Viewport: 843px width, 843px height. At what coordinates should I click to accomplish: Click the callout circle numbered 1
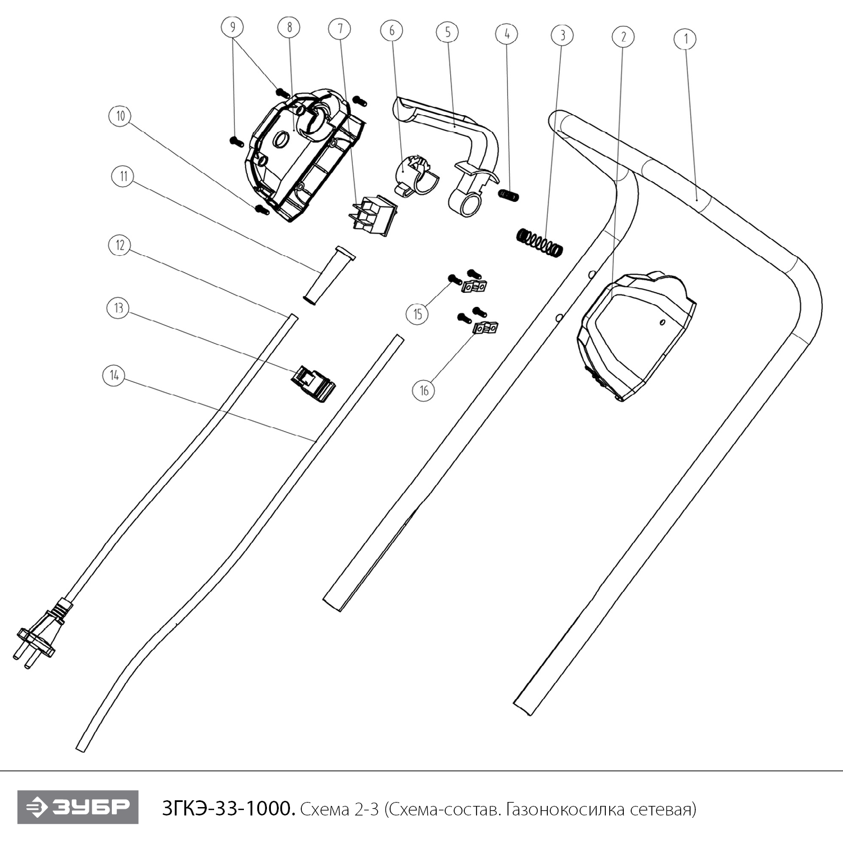tap(685, 39)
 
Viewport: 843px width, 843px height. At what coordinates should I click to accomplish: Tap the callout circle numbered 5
tap(447, 32)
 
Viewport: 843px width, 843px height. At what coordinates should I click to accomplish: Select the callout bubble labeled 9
tap(233, 26)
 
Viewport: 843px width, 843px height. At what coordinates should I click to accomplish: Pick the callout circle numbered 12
tap(120, 245)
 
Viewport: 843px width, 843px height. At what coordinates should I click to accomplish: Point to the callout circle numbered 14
tap(114, 375)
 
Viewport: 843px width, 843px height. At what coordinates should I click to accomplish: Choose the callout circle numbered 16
tap(424, 390)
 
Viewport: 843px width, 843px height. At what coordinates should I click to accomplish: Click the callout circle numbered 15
tap(418, 314)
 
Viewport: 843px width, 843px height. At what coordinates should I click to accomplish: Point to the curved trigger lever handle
tap(461, 152)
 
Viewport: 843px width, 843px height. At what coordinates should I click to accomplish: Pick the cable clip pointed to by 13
tap(313, 383)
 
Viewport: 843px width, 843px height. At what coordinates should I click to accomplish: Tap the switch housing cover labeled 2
tap(635, 334)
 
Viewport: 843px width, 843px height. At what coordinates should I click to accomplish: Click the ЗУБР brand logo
tap(78, 808)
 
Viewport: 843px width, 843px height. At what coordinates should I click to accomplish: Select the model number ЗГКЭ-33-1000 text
tap(228, 809)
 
